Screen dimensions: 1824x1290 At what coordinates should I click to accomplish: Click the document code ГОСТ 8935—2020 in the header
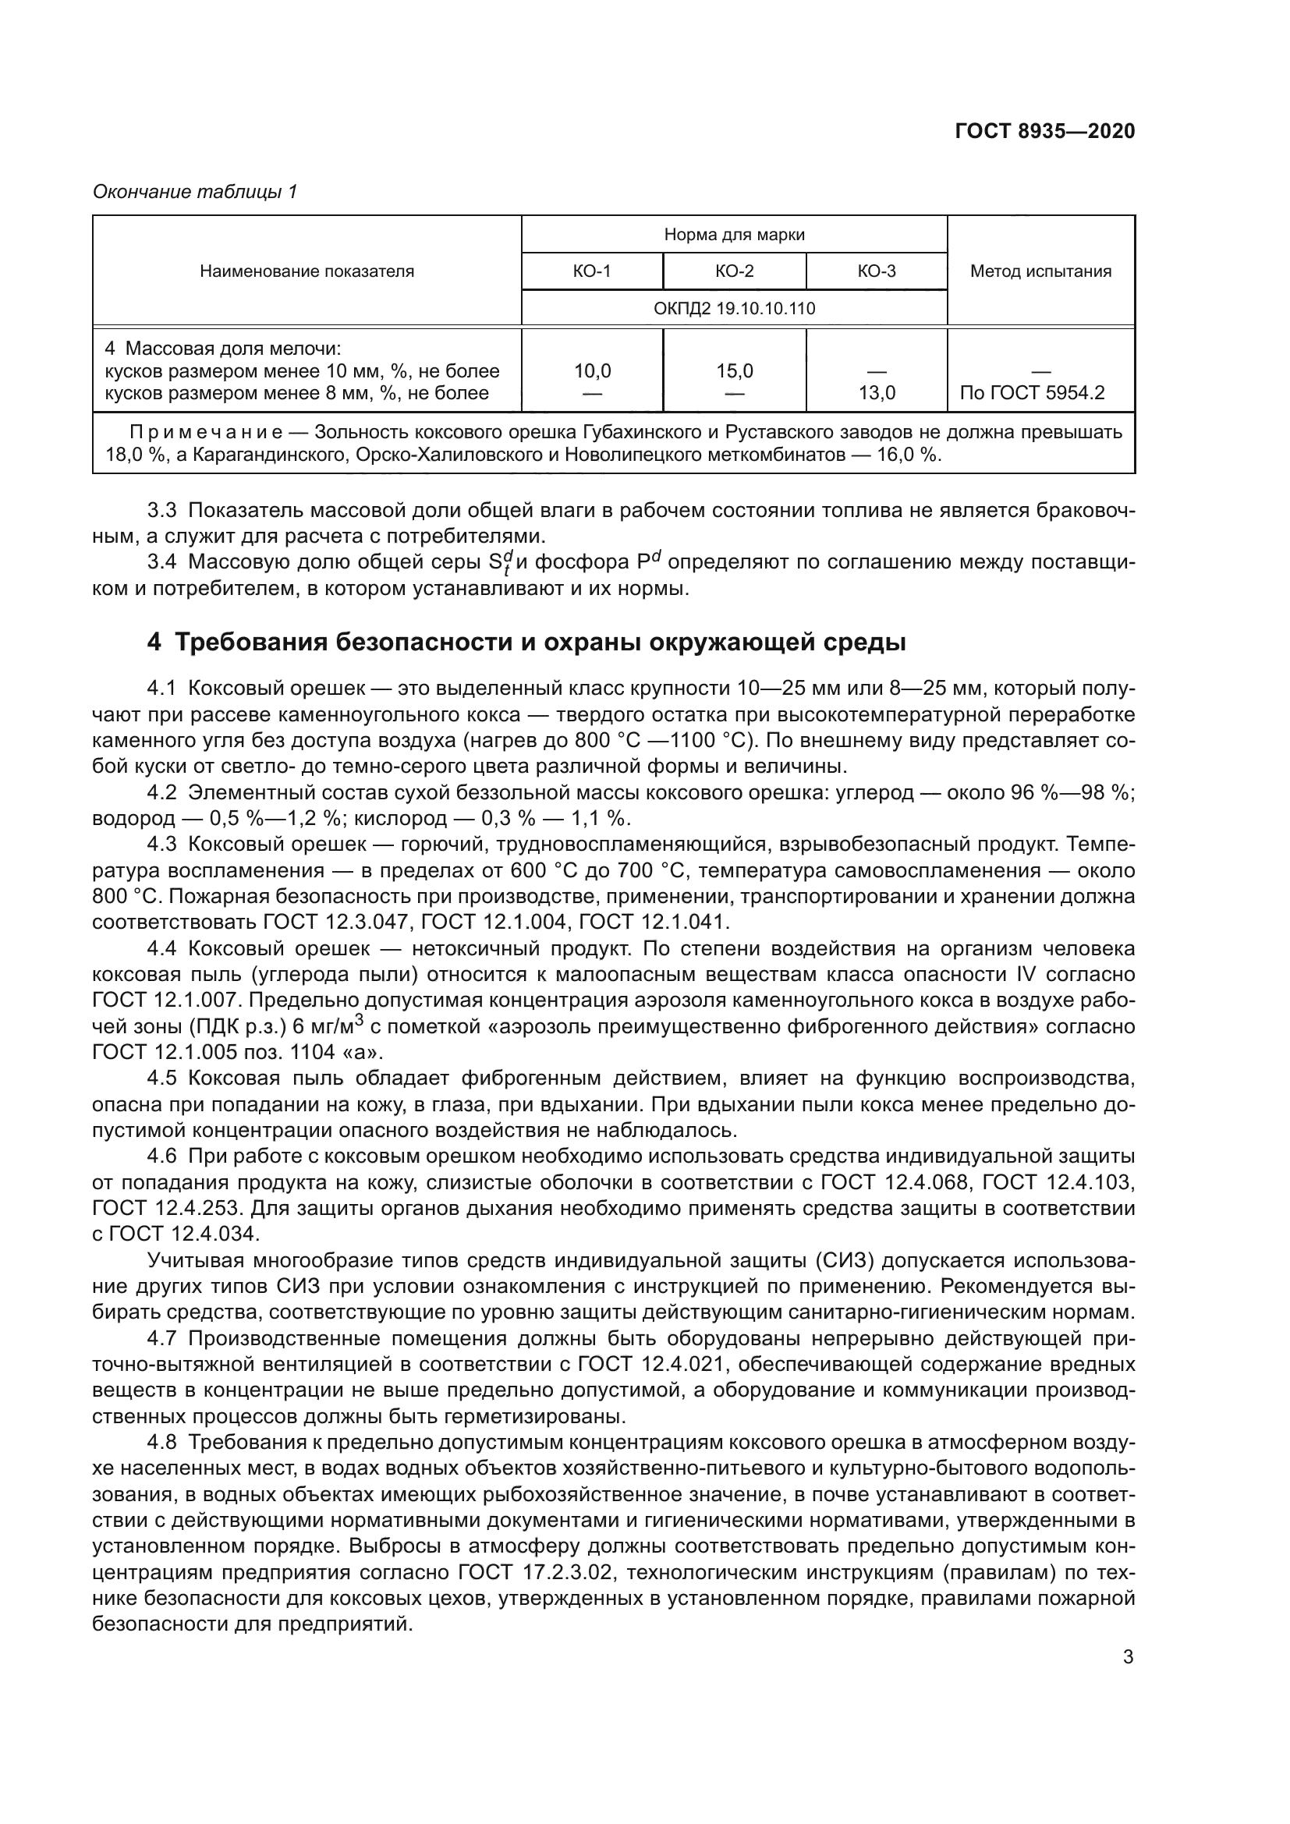pos(1044,131)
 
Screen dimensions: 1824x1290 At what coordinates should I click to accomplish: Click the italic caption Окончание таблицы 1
pos(195,192)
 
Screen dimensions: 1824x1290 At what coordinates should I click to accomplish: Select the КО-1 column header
pos(592,271)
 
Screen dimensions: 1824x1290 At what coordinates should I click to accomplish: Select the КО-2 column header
pos(734,271)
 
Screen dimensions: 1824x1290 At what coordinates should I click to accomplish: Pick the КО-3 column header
pos(876,271)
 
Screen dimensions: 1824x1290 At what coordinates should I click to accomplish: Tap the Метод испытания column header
pos(1040,271)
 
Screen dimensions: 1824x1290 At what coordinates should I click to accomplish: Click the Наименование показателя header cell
pos(307,271)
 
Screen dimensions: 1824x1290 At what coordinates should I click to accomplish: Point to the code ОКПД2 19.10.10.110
pos(734,308)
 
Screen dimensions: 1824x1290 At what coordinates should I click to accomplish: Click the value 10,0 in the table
pos(592,371)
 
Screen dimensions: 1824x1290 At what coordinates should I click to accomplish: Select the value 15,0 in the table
pos(734,371)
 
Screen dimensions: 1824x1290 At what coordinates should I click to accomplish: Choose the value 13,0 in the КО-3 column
pos(876,393)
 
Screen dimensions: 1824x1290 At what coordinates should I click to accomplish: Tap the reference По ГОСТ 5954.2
pos(1032,393)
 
